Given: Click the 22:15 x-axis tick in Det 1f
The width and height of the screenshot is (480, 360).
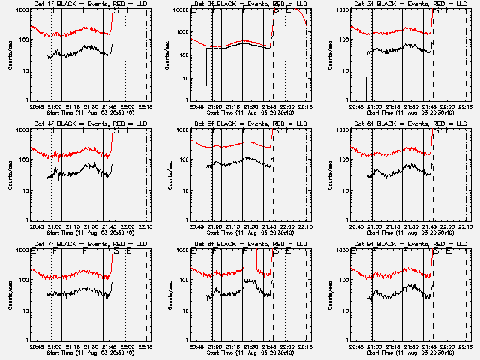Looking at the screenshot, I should (146, 106).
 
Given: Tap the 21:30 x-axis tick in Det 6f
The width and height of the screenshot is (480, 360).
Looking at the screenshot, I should (409, 226).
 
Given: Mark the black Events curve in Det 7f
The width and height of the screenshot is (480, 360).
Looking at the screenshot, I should (75, 293).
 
